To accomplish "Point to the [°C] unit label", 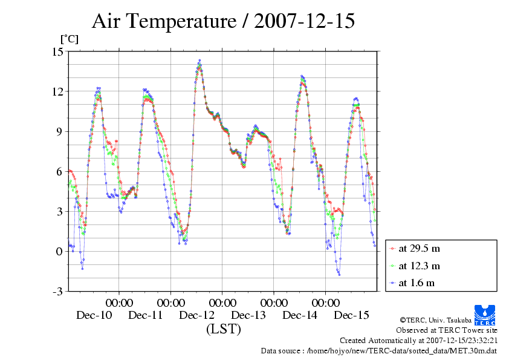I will click(69, 39).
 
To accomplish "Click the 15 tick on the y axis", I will click(58, 51).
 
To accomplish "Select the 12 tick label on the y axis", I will click(58, 91).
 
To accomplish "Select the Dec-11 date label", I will click(146, 315).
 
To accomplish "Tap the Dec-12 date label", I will click(197, 315).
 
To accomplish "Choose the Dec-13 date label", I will click(248, 315).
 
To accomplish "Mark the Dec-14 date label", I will click(300, 315).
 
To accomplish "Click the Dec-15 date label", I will click(352, 315).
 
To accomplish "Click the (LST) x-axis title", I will click(223, 329).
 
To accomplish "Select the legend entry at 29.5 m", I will click(419, 248).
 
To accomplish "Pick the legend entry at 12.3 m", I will click(419, 265).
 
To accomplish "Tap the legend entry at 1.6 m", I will click(417, 283).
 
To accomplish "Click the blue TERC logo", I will click(485, 313).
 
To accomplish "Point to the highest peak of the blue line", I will click(199, 61).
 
